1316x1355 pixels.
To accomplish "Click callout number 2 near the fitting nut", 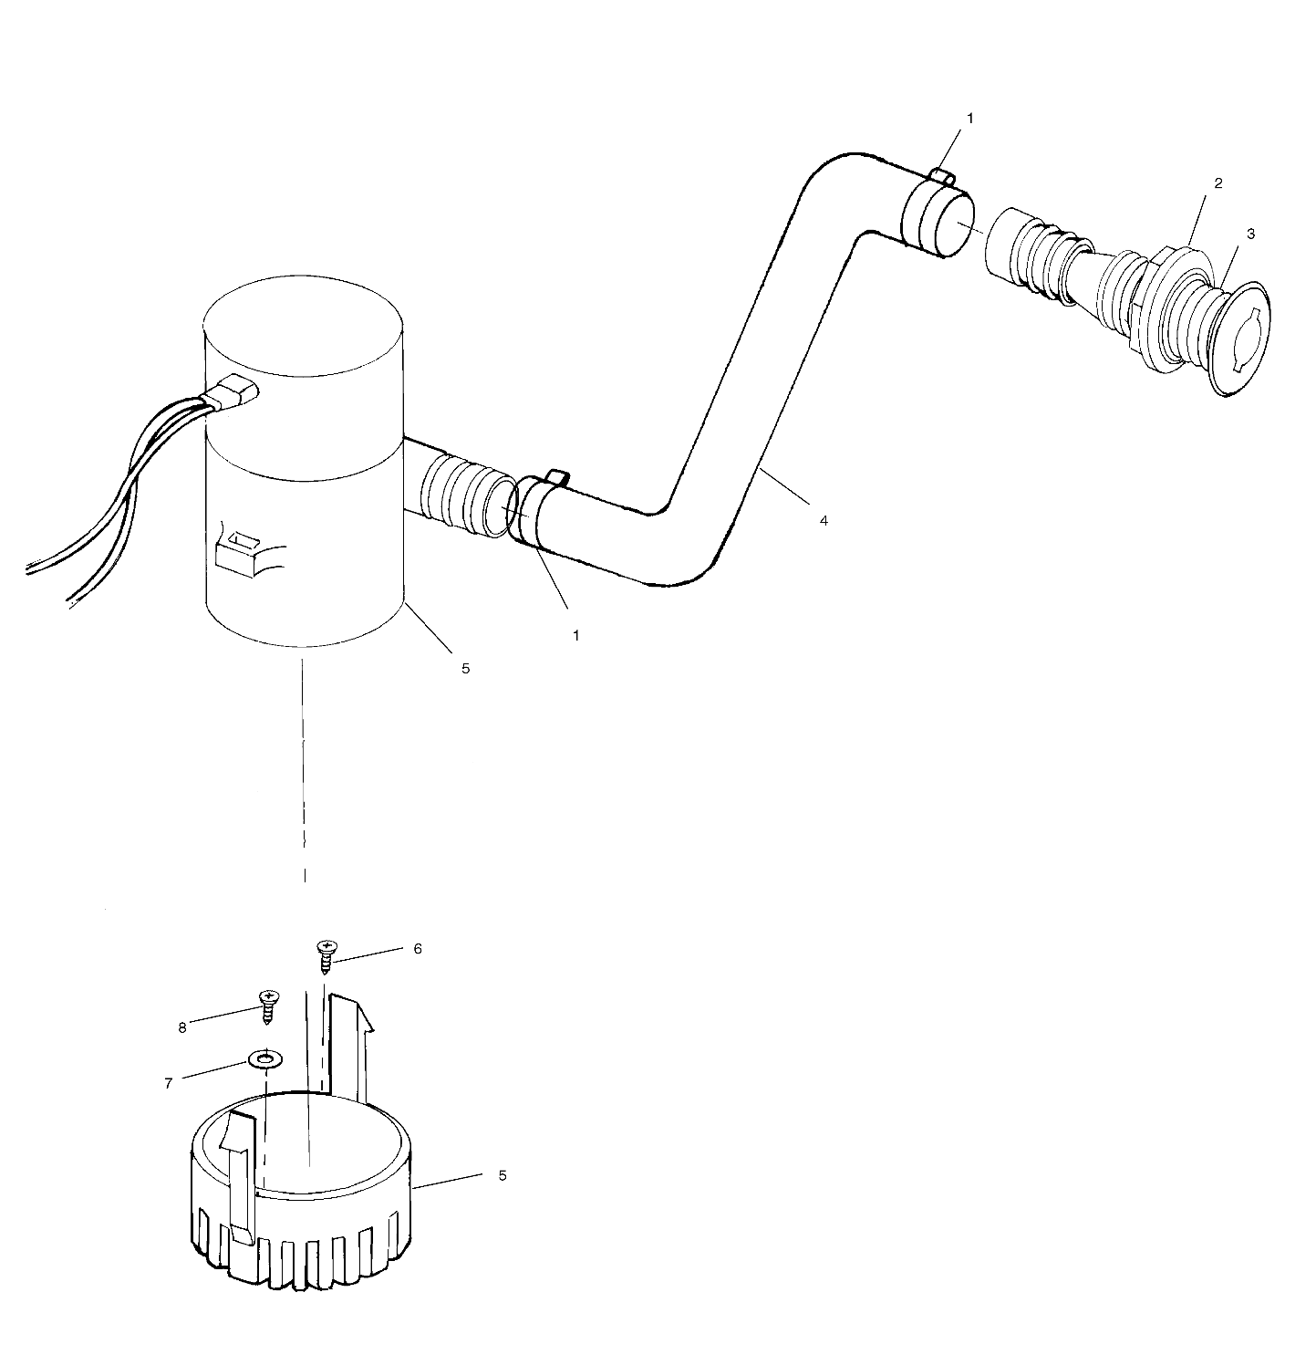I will (1218, 183).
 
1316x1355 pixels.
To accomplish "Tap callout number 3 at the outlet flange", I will (1250, 234).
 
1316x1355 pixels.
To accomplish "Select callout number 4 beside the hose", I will (824, 520).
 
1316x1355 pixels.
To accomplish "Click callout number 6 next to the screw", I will (418, 949).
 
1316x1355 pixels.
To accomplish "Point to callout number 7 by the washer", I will (169, 1083).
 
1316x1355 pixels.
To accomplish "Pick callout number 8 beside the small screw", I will (182, 1027).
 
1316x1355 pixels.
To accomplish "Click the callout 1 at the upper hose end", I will (970, 119).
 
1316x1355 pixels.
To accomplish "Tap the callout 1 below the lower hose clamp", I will (575, 635).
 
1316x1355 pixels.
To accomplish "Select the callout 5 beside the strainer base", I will (502, 1175).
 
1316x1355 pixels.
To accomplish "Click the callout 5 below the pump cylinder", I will (464, 668).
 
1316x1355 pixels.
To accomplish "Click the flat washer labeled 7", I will (265, 1060).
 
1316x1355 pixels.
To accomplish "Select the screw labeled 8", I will (268, 1006).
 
